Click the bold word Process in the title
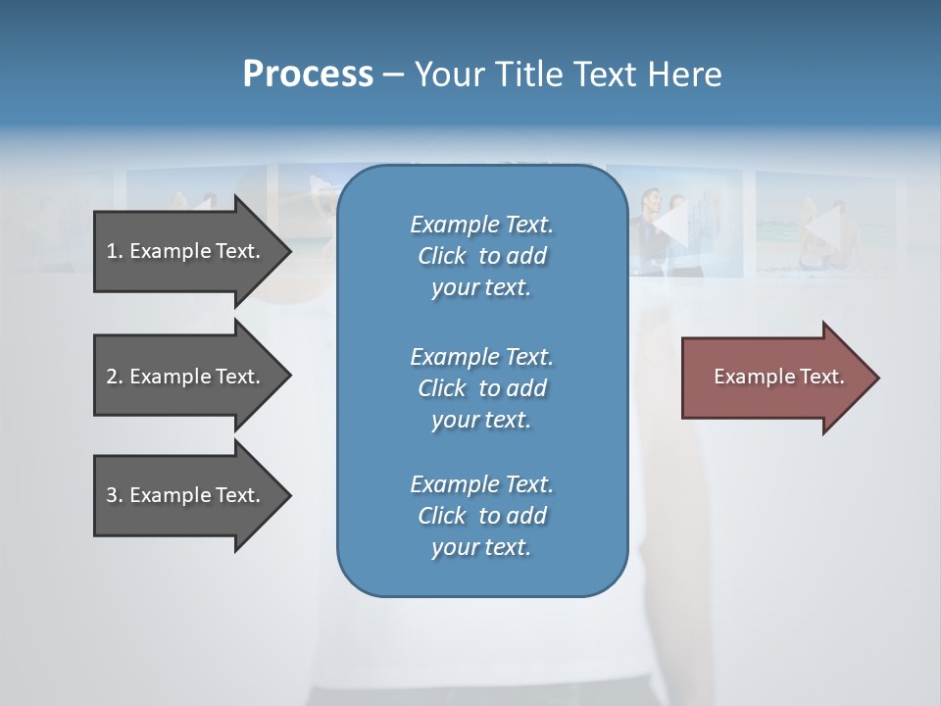(x=308, y=75)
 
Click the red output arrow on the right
(x=774, y=377)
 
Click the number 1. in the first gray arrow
(x=115, y=251)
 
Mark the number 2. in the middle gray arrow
(x=115, y=377)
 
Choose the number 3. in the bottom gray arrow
(x=115, y=495)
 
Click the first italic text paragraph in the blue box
(x=481, y=256)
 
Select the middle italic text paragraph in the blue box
(x=481, y=388)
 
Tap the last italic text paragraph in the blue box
(x=481, y=516)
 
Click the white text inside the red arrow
(x=778, y=377)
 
